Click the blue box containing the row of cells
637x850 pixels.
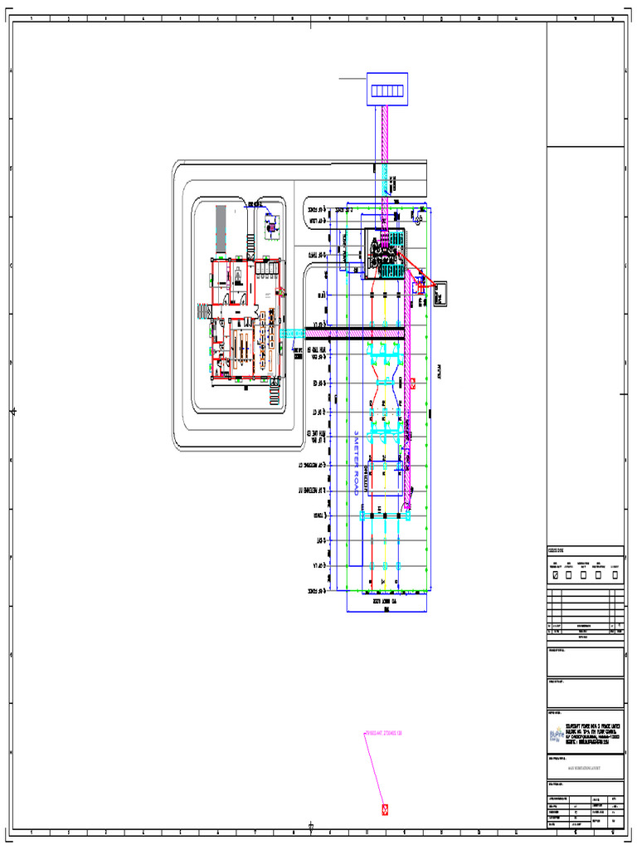(387, 90)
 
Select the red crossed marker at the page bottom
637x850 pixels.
(385, 808)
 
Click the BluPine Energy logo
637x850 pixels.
(557, 735)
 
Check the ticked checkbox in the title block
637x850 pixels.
(555, 574)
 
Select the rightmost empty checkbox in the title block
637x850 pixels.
(614, 574)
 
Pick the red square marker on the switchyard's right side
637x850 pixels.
(413, 383)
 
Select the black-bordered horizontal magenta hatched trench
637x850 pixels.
(355, 333)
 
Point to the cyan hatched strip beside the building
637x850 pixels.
(293, 333)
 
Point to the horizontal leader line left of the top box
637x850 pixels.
(353, 78)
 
